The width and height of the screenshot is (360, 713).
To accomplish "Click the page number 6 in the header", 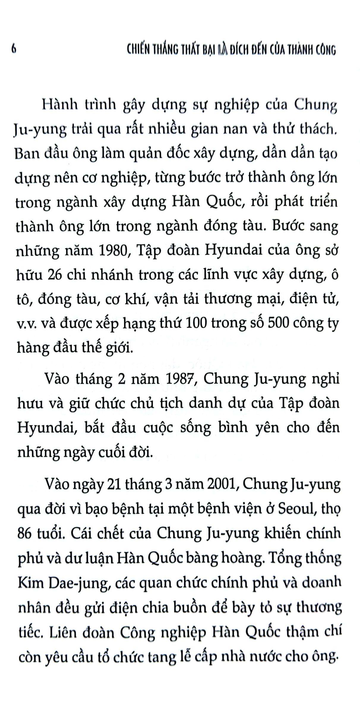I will click(13, 49).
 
